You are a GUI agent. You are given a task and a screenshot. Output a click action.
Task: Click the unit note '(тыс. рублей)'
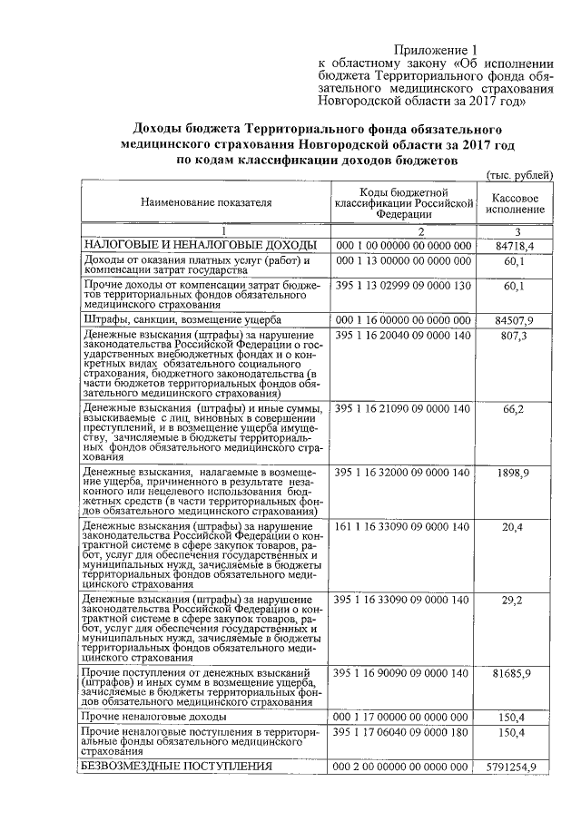(x=517, y=174)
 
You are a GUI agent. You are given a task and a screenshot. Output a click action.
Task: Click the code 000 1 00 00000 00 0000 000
(x=401, y=246)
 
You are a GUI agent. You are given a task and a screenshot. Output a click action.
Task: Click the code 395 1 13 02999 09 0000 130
(x=401, y=286)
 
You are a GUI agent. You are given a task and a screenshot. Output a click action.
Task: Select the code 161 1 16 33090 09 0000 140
(x=401, y=526)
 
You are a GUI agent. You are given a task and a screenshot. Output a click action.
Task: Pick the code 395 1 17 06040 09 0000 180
(x=401, y=731)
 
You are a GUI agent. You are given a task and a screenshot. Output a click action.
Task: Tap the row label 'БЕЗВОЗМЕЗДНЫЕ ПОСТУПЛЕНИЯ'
(x=177, y=767)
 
